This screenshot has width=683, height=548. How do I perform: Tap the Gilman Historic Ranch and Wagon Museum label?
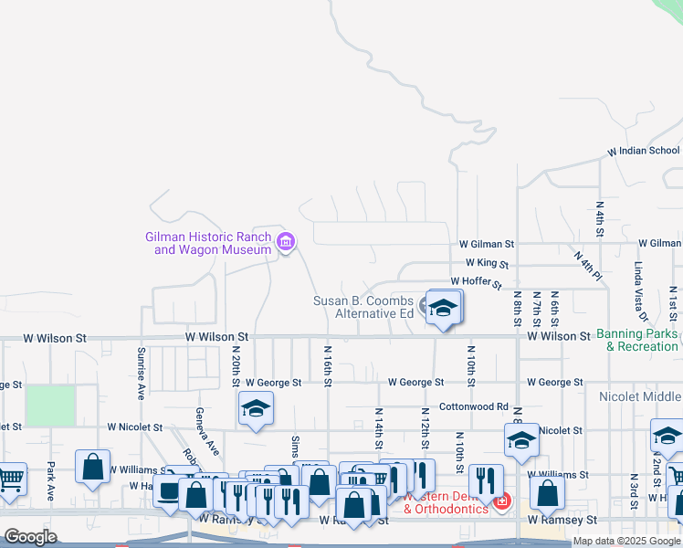pyautogui.click(x=208, y=243)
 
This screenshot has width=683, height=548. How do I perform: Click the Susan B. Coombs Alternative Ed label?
pyautogui.click(x=363, y=307)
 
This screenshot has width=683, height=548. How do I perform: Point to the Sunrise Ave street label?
pyautogui.click(x=142, y=374)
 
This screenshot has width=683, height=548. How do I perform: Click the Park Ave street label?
pyautogui.click(x=51, y=480)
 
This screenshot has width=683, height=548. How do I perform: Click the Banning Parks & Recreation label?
pyautogui.click(x=637, y=340)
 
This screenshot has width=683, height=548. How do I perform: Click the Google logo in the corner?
pyautogui.click(x=31, y=537)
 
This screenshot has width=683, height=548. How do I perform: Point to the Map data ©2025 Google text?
pyautogui.click(x=626, y=541)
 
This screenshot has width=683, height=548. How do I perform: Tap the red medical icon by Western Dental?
pyautogui.click(x=501, y=501)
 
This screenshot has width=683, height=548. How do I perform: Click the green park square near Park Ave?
pyautogui.click(x=49, y=406)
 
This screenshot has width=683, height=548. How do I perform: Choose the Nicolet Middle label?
pyautogui.click(x=640, y=396)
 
